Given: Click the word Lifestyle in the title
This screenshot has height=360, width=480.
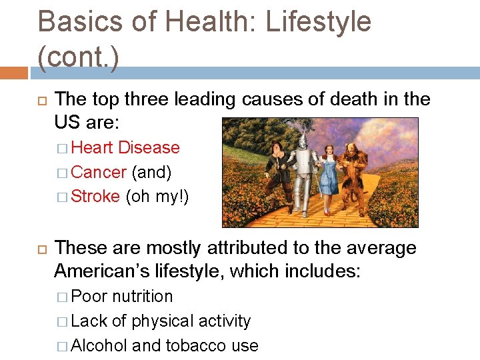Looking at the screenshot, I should coord(318,22).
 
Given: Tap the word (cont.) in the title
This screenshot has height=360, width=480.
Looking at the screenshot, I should coord(79,58).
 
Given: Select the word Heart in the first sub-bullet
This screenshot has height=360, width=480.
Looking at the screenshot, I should coord(93,147).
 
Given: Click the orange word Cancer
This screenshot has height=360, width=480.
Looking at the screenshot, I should coord(98,172).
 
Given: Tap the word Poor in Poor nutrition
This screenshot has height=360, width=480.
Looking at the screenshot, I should coord(89,296).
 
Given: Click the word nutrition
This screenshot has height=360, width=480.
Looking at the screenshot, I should coord(142,296).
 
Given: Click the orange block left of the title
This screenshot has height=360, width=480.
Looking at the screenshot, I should coord(14,72).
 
